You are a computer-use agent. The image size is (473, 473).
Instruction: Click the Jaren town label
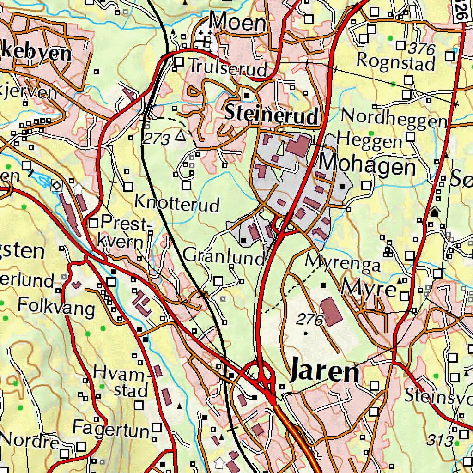coord(325,372)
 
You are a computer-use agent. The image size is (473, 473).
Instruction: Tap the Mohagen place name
coord(368,164)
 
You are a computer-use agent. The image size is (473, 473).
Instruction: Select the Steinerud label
coord(272,114)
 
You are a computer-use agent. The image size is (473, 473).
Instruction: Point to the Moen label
coord(238,22)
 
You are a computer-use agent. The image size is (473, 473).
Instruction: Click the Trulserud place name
coord(228,68)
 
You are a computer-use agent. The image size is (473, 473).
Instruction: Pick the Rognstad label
coord(396,61)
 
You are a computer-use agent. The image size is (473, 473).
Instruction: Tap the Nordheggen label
coord(394,119)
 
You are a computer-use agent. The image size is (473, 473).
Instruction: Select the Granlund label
coord(224,255)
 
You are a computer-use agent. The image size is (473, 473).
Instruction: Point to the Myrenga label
coord(343,263)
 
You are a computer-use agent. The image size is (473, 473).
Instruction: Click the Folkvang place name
coord(56,306)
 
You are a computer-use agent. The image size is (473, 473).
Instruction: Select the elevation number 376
coord(422,48)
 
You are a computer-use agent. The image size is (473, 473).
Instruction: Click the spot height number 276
coord(309,319)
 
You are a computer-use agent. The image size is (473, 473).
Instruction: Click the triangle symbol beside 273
coord(180,136)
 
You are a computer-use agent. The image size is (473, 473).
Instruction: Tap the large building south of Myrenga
coord(332,311)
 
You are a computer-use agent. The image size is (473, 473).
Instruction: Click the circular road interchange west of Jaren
coord(261,372)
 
